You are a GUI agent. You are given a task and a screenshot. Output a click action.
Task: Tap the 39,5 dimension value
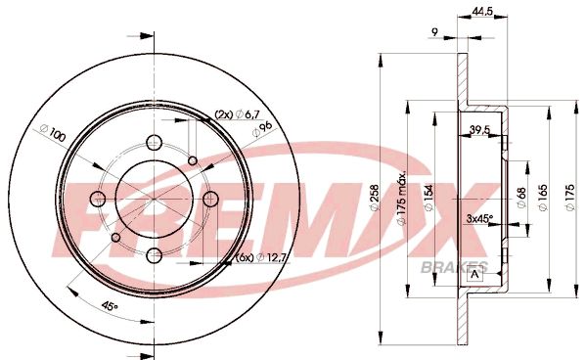point(480,129)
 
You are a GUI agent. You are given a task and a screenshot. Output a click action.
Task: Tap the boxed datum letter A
point(475,273)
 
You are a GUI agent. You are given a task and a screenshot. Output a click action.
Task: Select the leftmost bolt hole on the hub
point(96,199)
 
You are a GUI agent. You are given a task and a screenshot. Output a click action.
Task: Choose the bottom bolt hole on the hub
point(154,255)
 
